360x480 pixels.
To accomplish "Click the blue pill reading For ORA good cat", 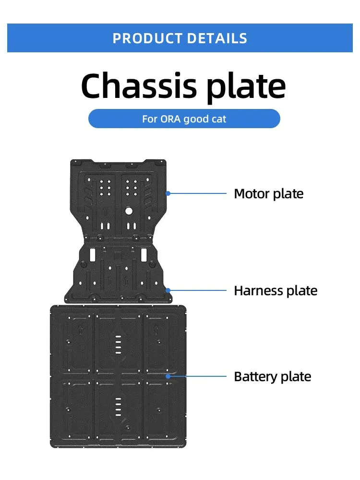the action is coord(184,119).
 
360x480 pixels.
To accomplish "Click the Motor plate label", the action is coord(268,194).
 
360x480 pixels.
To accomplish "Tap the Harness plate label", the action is coord(276,290).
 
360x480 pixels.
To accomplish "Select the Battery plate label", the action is coord(272,376).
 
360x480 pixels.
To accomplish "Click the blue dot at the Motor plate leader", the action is coord(168,193).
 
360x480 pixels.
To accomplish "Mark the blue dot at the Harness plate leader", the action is coord(168,290).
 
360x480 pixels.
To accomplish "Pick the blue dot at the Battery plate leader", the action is coord(168,376).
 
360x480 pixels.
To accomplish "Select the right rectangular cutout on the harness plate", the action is coord(143,253).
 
